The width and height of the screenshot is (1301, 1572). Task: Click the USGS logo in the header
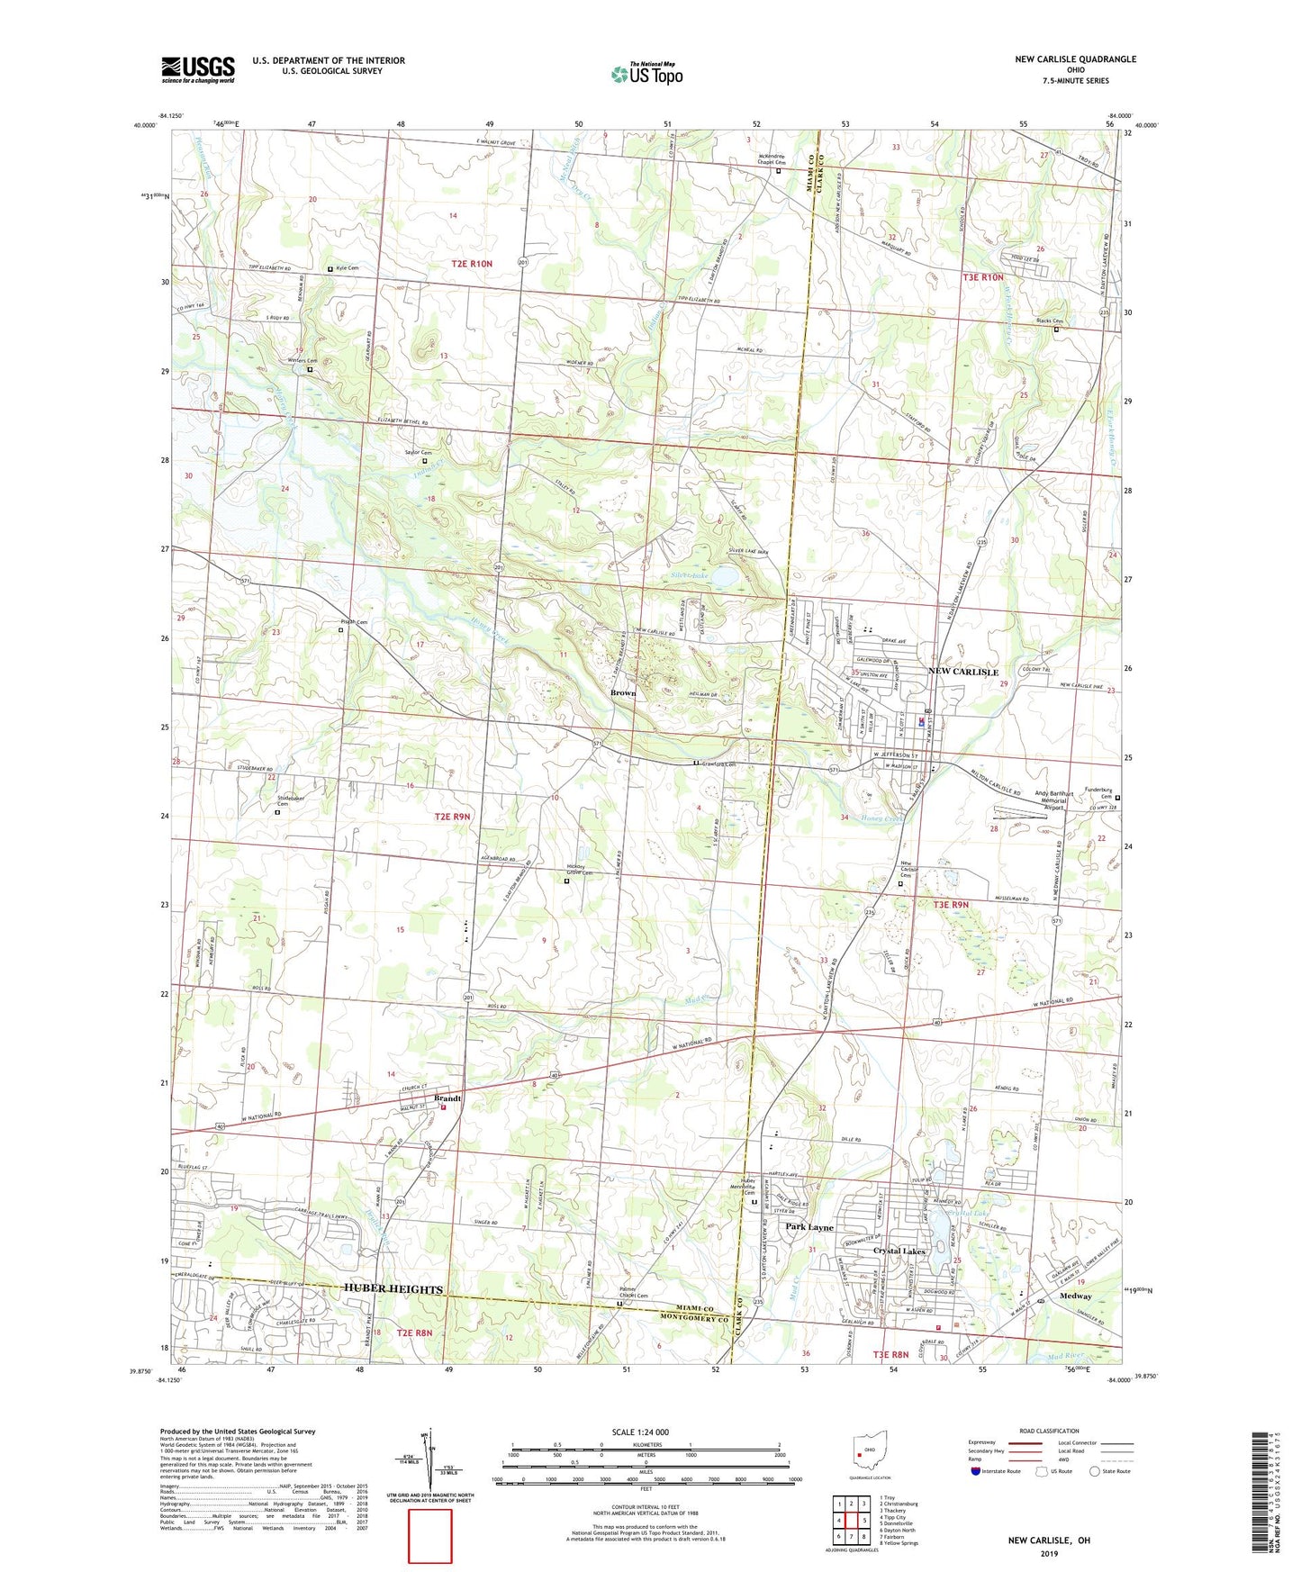tap(198, 69)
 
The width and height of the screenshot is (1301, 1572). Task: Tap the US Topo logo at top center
tap(646, 74)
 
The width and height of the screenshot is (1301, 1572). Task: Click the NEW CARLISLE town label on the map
tap(963, 672)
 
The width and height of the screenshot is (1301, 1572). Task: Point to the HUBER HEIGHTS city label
tap(393, 1288)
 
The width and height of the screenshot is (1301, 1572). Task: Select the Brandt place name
tap(447, 1098)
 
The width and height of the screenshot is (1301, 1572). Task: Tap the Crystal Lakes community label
tap(899, 1251)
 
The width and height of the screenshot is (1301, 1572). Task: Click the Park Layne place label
tap(809, 1227)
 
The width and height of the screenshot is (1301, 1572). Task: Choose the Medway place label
tap(1075, 1296)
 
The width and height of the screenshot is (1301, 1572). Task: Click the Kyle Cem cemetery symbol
tap(330, 269)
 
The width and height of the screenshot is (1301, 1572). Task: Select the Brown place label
tap(622, 692)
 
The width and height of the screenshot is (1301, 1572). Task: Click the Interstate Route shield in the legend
tap(976, 1471)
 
